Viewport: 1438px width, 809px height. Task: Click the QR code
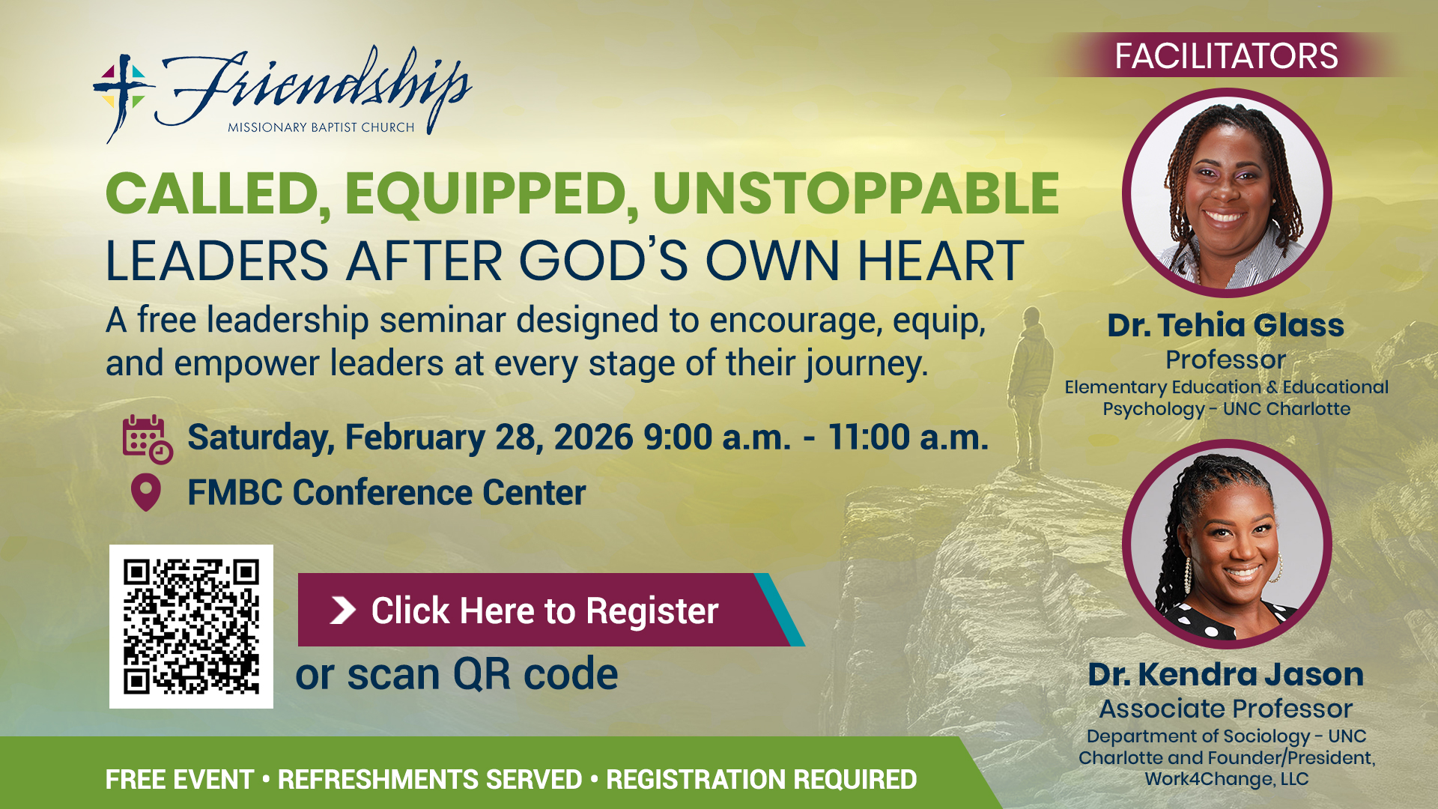click(x=191, y=626)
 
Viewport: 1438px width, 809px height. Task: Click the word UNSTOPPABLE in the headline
click(x=856, y=193)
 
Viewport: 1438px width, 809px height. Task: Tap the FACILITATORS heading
click(x=1226, y=56)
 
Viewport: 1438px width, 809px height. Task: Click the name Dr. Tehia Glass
click(x=1226, y=325)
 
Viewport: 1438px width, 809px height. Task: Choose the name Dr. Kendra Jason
click(x=1226, y=674)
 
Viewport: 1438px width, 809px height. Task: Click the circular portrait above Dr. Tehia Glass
click(x=1227, y=193)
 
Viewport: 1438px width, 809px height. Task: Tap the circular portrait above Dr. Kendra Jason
click(x=1227, y=544)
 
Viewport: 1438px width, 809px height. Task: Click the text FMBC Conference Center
click(x=386, y=492)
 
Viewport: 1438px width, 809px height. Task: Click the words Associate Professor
click(x=1226, y=709)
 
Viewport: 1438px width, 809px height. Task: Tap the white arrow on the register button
click(x=343, y=610)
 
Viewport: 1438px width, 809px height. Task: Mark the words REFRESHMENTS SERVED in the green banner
click(x=430, y=779)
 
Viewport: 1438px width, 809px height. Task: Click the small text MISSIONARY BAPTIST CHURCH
click(x=321, y=127)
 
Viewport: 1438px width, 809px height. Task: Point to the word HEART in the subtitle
click(x=941, y=261)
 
